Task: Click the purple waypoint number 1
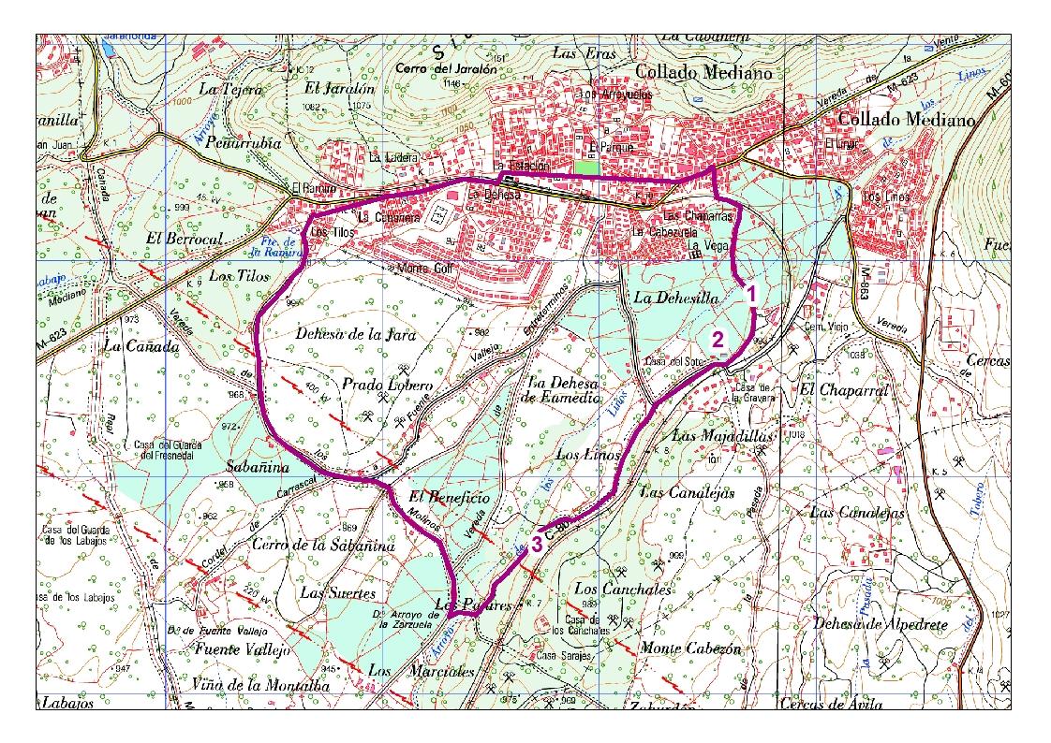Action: click(x=750, y=293)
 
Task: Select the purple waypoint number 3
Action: click(x=537, y=544)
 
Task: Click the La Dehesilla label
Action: click(x=674, y=298)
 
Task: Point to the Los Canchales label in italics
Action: click(x=610, y=590)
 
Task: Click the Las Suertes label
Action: click(x=337, y=592)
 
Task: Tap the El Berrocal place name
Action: click(x=185, y=239)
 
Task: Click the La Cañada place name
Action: click(x=141, y=347)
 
